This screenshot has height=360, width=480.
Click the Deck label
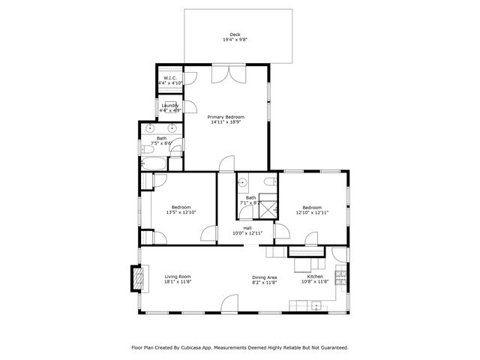tap(235, 34)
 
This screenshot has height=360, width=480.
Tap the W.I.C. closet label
tap(169, 78)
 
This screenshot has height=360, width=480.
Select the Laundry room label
tap(170, 105)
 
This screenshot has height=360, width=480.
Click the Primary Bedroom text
tap(226, 116)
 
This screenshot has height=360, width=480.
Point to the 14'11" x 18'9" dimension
tap(226, 122)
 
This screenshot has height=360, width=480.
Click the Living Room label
tap(178, 277)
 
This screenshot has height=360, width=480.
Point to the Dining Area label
tap(265, 277)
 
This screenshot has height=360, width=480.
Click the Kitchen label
tap(315, 277)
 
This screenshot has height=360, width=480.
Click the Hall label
tap(247, 228)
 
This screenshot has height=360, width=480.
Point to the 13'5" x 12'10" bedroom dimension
tap(181, 212)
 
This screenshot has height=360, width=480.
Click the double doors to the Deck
tap(226, 73)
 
